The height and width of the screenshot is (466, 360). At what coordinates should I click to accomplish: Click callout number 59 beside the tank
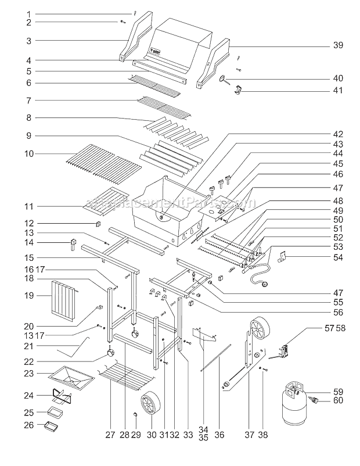[337, 391]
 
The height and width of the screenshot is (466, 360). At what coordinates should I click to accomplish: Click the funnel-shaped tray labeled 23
[72, 380]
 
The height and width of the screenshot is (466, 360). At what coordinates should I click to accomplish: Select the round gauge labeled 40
[224, 81]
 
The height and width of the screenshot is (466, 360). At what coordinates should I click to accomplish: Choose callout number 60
[337, 400]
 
